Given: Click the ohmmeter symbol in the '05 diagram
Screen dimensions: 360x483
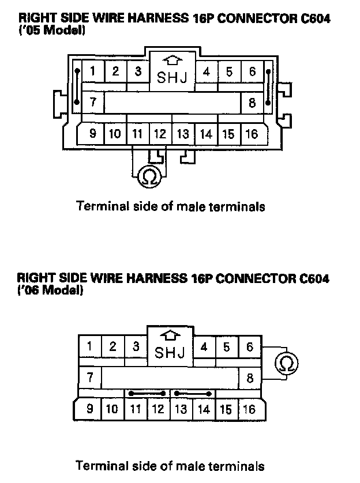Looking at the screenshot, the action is click(x=148, y=177).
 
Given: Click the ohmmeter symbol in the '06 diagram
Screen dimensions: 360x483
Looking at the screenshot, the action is click(x=287, y=363).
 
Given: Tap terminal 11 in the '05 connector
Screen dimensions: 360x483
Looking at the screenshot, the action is click(x=137, y=134).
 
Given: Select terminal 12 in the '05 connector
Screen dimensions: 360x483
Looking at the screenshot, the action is click(x=160, y=134).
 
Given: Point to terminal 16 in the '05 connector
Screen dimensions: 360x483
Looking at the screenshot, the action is click(x=252, y=134).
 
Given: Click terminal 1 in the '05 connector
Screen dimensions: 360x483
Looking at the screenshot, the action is click(x=92, y=71).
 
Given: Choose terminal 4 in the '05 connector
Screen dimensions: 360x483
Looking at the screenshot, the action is click(x=206, y=72).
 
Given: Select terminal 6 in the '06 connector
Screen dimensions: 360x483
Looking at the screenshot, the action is click(x=250, y=347).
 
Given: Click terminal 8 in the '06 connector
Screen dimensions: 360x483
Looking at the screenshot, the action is click(x=250, y=379).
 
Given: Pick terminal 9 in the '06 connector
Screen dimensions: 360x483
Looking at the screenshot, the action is click(x=89, y=409).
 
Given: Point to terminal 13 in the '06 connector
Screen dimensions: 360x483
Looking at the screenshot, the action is click(x=181, y=409).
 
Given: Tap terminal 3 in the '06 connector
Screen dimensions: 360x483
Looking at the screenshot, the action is click(x=136, y=347).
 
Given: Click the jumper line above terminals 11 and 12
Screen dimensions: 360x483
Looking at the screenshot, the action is click(x=147, y=394).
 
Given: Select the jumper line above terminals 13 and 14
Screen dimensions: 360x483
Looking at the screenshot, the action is click(x=192, y=394).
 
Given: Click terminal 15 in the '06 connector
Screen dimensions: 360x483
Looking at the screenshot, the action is click(x=226, y=409).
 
